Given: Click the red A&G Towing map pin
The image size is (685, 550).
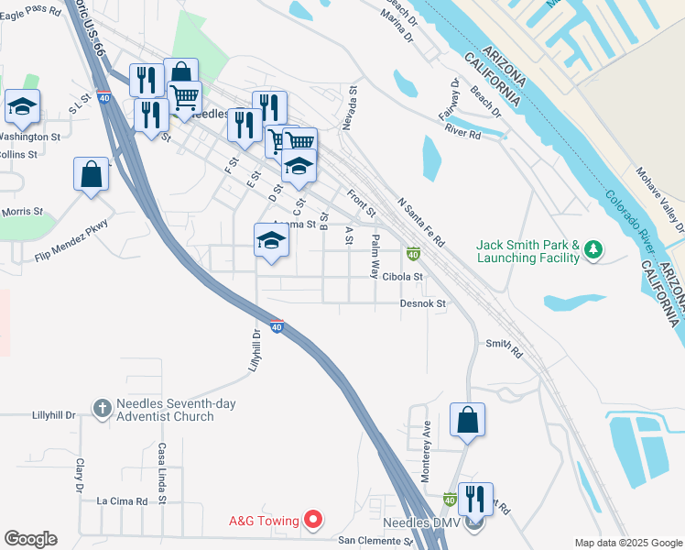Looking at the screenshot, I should [x=313, y=521].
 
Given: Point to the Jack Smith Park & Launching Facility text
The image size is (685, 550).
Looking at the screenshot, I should [x=528, y=251].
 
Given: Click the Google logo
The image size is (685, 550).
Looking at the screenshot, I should [x=30, y=539].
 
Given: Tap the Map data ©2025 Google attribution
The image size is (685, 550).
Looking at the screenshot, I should [x=627, y=543].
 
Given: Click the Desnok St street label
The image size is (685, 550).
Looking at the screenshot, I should [x=422, y=302].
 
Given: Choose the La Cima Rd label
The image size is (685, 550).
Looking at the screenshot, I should [x=123, y=501].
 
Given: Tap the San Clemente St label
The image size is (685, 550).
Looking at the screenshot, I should [x=376, y=541].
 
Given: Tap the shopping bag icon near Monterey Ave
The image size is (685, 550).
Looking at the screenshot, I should [x=467, y=421].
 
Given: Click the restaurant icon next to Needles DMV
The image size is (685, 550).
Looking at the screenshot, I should [x=475, y=500].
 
